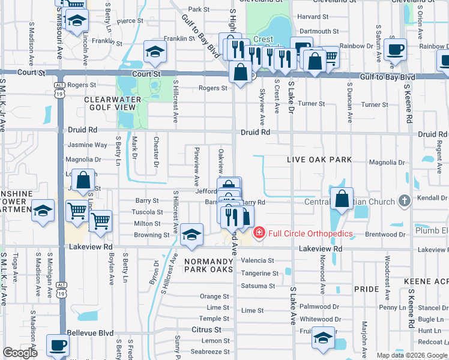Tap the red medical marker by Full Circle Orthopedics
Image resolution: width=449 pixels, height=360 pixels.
[259, 232]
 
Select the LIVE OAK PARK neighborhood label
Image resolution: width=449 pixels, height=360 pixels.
[318, 160]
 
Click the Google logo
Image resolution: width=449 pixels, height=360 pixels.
[20, 353]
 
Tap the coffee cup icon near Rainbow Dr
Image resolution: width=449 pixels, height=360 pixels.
[396, 50]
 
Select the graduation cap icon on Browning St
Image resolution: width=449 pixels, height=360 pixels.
[191, 235]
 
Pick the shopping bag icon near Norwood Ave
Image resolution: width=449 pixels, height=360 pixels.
[341, 199]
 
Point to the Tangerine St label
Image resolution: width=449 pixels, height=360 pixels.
[259, 273]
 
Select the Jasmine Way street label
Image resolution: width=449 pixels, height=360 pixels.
[88, 145]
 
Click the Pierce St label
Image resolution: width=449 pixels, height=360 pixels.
[130, 21]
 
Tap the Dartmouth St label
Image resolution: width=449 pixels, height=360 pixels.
[319, 31]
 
